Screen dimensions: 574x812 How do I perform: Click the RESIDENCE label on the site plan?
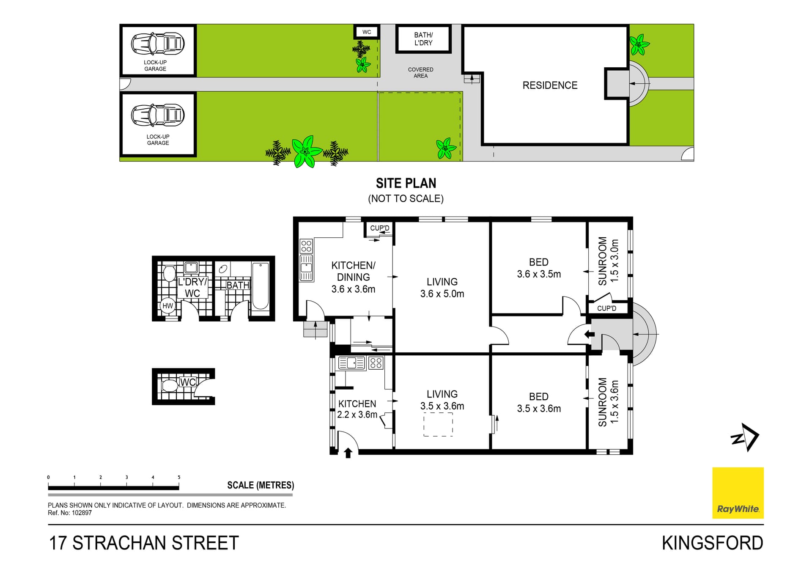[x=549, y=85]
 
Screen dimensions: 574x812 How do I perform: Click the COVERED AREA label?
[x=420, y=72]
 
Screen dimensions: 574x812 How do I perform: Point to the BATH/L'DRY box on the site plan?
[x=423, y=39]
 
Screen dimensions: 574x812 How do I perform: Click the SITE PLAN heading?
[x=406, y=183]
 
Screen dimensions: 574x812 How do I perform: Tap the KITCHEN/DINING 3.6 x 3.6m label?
[x=353, y=277]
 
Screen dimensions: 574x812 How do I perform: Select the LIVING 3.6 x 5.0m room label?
[x=442, y=288]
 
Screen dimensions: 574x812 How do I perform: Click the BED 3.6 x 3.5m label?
[x=538, y=268]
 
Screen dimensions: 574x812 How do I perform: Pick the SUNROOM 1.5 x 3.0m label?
[x=608, y=261]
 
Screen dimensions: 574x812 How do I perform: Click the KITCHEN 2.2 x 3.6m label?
[x=357, y=409]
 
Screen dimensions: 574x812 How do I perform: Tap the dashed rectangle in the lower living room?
[x=438, y=424]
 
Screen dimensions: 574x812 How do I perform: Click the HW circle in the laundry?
[x=168, y=305]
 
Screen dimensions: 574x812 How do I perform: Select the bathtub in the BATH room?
[x=260, y=286]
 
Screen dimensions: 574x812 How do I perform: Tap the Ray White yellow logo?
[x=738, y=492]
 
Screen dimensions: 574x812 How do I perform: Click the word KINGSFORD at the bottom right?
[x=712, y=543]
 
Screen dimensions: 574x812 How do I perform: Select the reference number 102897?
[x=81, y=513]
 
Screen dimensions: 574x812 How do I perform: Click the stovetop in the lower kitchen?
[x=376, y=363]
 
